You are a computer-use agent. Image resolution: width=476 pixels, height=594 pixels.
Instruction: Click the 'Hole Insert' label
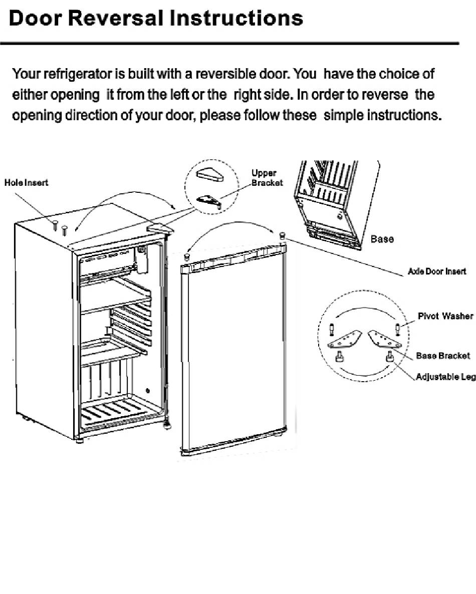click(x=26, y=183)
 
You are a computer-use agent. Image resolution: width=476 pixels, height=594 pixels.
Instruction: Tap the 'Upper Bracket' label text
click(x=267, y=178)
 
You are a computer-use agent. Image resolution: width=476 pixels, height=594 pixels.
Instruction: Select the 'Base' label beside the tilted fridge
click(x=382, y=239)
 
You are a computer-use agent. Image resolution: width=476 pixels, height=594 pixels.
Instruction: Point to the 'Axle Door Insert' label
click(x=437, y=271)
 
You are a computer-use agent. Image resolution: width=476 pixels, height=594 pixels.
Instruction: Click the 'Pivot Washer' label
click(x=445, y=316)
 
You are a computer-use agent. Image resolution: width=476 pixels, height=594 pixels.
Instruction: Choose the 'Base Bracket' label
click(x=442, y=356)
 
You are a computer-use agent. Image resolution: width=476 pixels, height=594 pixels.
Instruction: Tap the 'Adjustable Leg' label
click(x=445, y=377)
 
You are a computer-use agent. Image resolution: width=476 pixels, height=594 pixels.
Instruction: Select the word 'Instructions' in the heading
click(x=236, y=18)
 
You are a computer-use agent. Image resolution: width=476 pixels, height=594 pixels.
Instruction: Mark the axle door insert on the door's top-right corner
click(x=282, y=235)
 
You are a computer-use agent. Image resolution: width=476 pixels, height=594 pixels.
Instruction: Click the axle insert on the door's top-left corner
click(x=186, y=257)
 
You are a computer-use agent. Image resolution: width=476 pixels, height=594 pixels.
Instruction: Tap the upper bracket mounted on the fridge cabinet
click(x=160, y=228)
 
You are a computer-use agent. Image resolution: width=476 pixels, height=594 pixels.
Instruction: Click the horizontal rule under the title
click(x=229, y=44)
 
